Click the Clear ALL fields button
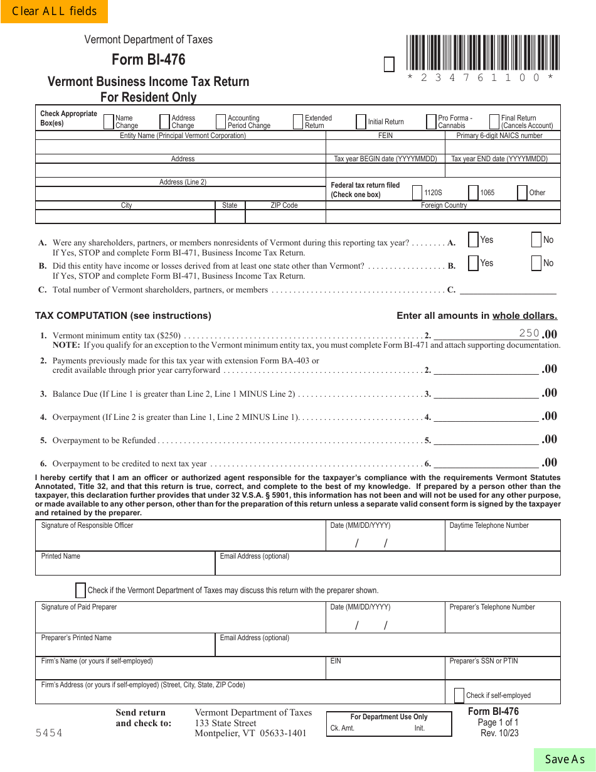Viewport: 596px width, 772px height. point(54,11)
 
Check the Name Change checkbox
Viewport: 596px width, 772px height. point(109,121)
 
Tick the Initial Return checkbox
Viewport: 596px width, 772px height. point(361,121)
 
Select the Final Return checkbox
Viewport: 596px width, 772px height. point(494,121)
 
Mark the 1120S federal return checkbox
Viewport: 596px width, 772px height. point(417,193)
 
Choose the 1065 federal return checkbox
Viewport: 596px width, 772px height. point(473,193)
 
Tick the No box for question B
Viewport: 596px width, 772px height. point(536,263)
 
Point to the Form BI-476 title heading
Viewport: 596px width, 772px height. point(149,60)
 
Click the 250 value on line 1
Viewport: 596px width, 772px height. point(529,333)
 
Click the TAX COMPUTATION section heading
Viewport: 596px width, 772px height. point(123,316)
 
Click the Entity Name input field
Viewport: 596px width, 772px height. point(181,147)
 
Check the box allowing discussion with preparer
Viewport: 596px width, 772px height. point(80,590)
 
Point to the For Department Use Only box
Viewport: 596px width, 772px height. point(389,723)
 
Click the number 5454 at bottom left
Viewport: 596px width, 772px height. point(49,732)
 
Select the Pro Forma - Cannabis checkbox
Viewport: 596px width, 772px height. point(431,121)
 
